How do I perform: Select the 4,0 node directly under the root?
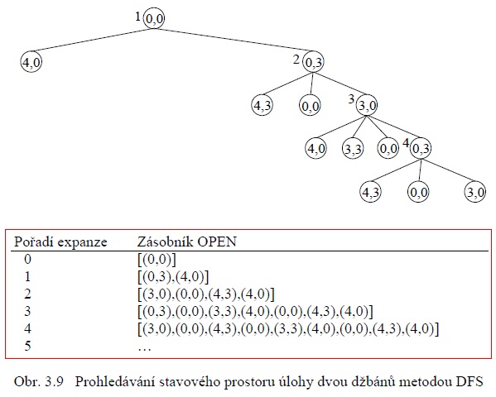click(x=31, y=62)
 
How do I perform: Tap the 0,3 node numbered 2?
click(x=313, y=62)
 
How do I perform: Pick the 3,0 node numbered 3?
click(x=367, y=105)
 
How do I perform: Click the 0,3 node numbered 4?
click(x=421, y=149)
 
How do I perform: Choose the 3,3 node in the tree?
click(x=353, y=149)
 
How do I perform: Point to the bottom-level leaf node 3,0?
click(x=475, y=192)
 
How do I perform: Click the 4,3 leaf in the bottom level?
click(x=370, y=192)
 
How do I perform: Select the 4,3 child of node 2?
click(x=262, y=105)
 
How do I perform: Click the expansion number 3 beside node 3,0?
click(x=351, y=99)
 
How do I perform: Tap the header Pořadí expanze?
click(x=60, y=242)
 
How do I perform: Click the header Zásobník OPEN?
click(x=186, y=242)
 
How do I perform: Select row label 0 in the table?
click(x=28, y=260)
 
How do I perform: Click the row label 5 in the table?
click(x=28, y=346)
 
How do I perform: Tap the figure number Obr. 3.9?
click(x=39, y=382)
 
